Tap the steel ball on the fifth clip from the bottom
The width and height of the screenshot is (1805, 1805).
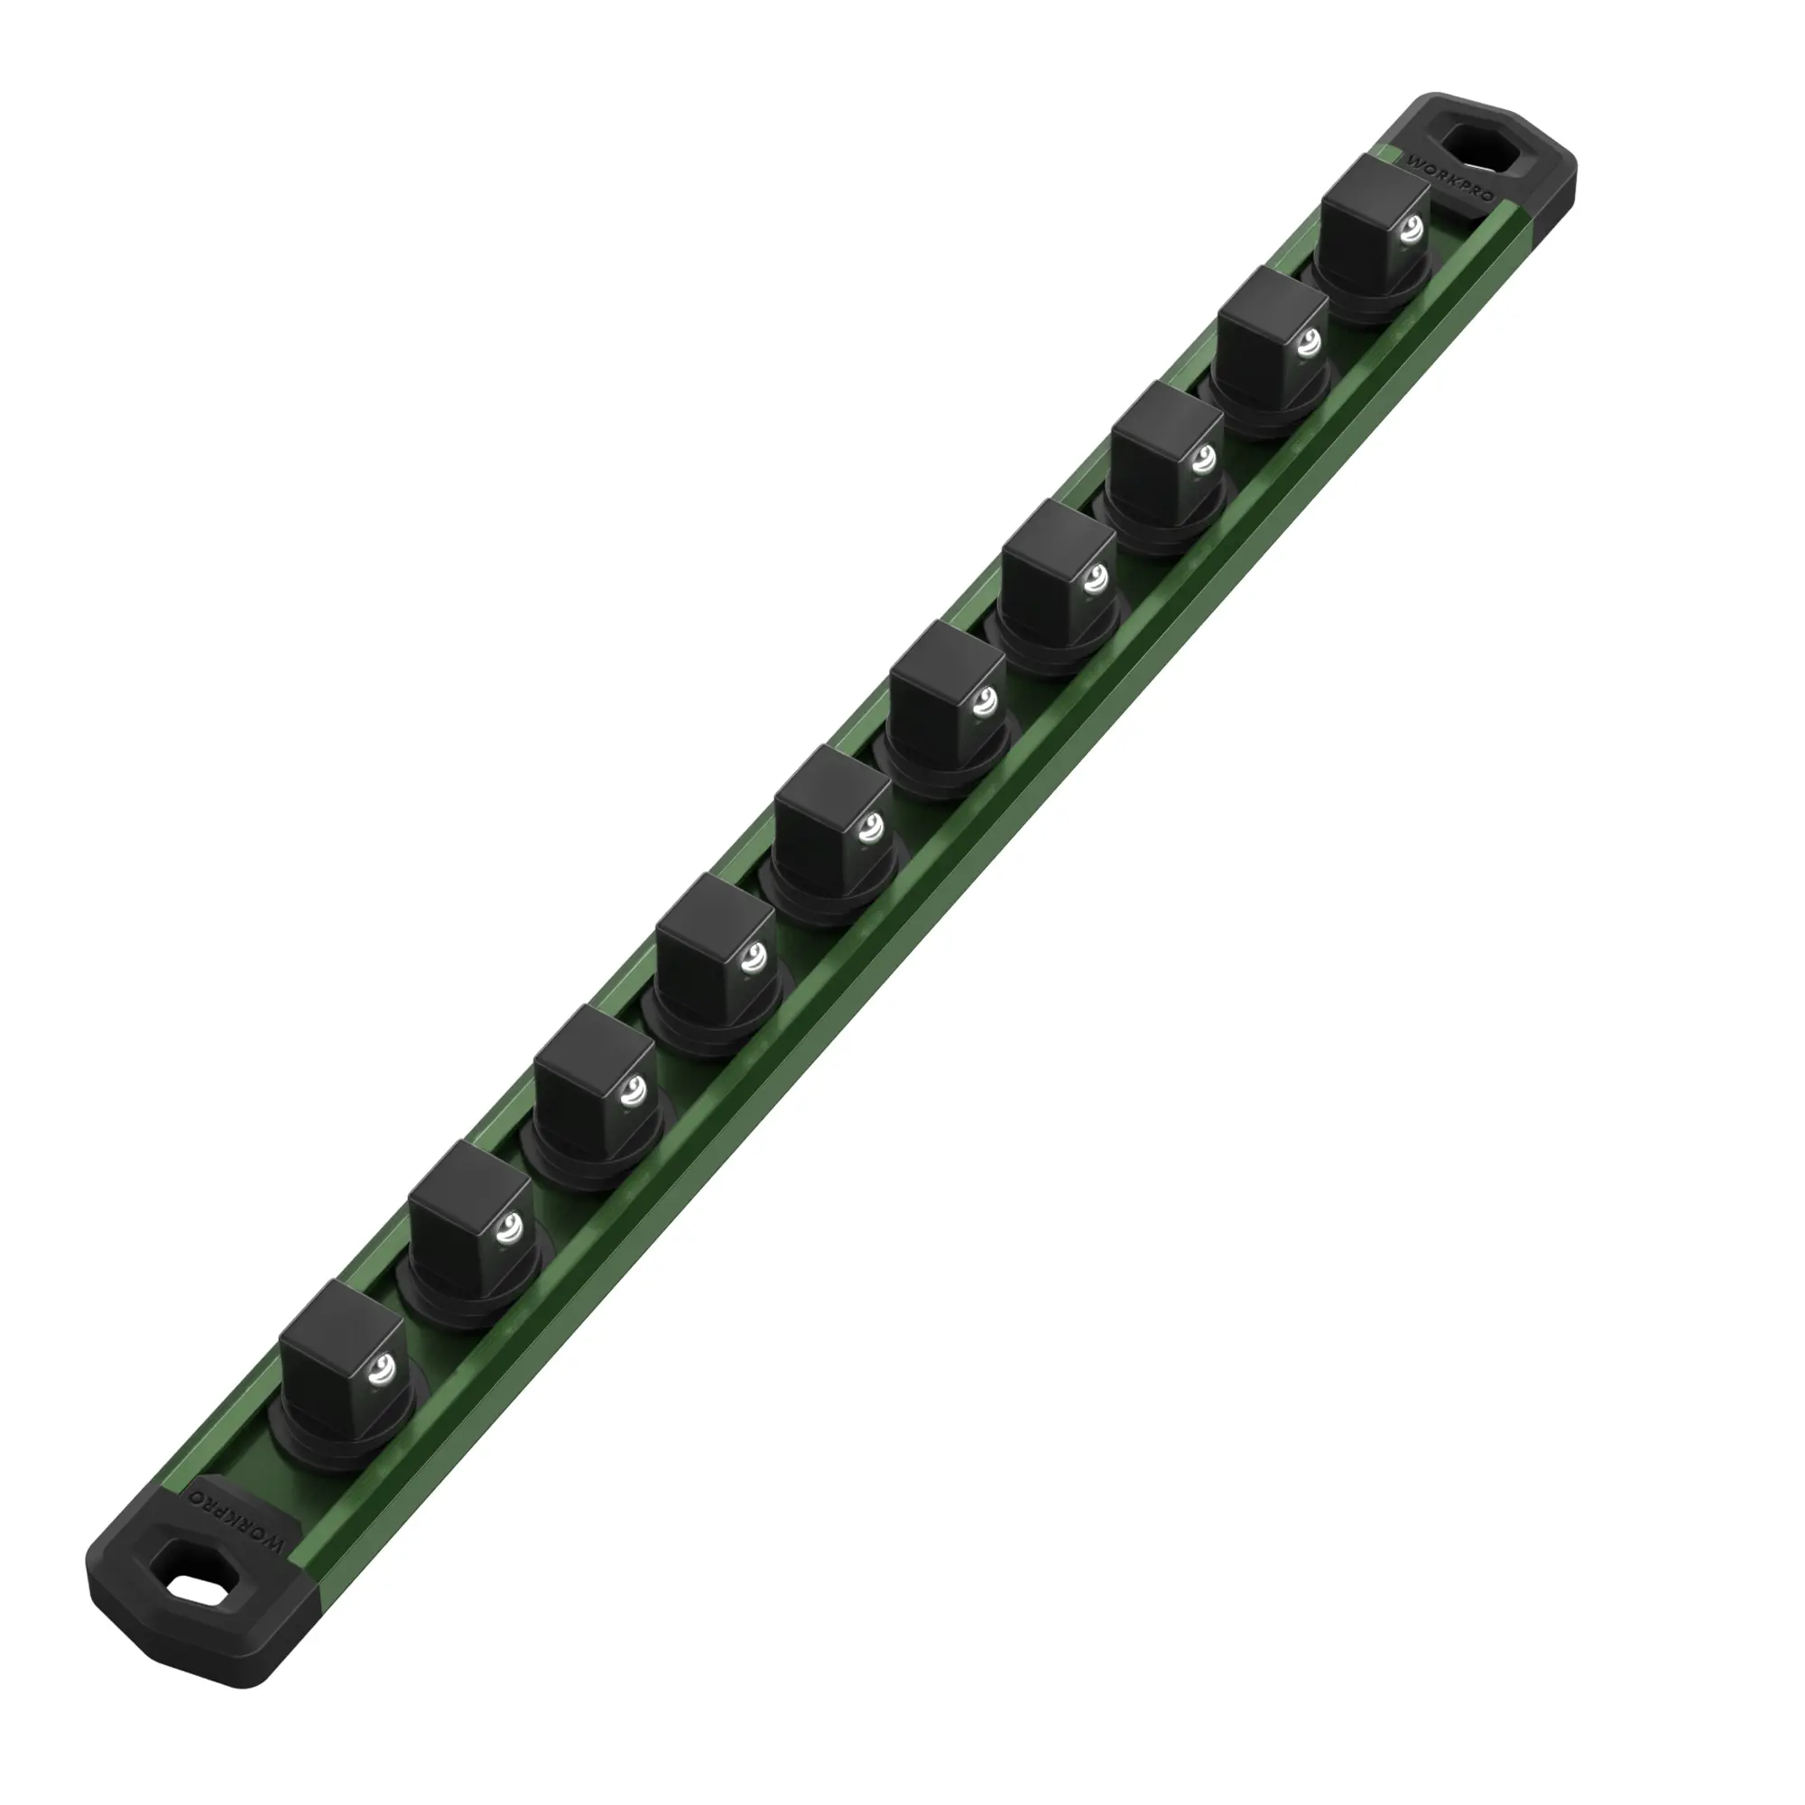[870, 826]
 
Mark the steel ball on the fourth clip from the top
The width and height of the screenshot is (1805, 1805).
[1095, 579]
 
